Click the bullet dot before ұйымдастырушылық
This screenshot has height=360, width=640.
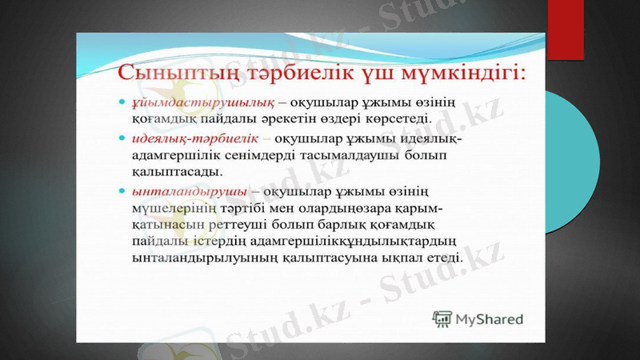pos(120,103)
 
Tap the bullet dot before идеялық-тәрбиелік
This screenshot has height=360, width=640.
pos(120,138)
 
